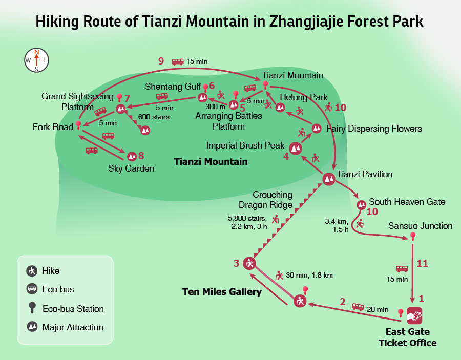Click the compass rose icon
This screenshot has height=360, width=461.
[36, 60]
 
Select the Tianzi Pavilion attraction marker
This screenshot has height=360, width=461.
[329, 179]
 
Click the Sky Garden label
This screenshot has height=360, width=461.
[131, 168]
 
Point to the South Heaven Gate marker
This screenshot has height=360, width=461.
[361, 205]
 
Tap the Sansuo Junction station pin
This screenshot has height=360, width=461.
[412, 237]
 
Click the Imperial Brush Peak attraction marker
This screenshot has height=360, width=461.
[296, 149]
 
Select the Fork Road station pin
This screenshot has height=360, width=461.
[78, 125]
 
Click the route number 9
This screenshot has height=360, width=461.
[161, 61]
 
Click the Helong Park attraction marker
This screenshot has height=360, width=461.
[280, 108]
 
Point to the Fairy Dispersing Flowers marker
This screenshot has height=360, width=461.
[317, 128]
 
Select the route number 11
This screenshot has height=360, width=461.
[422, 263]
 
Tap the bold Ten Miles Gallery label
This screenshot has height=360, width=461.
[222, 292]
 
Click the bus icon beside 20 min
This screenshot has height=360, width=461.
[358, 307]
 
